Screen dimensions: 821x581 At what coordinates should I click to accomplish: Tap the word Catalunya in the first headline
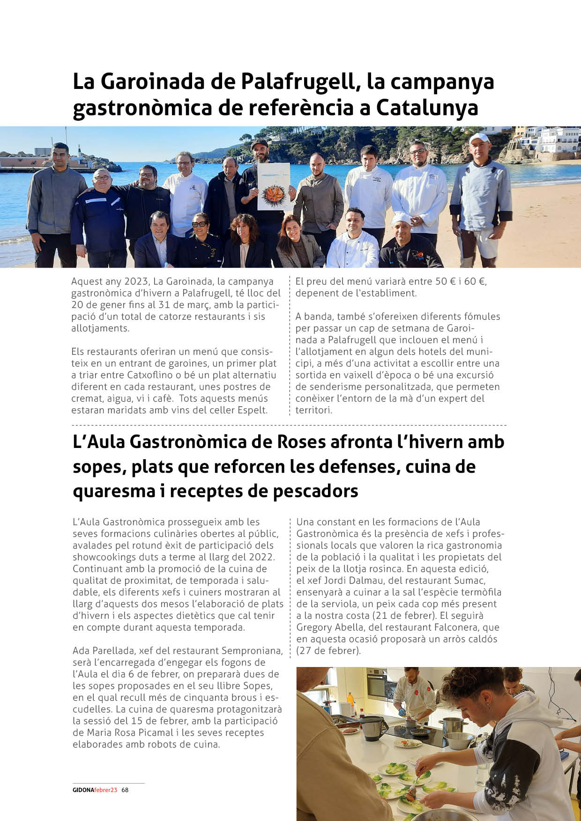427,108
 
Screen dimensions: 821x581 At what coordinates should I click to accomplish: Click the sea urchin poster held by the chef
274,186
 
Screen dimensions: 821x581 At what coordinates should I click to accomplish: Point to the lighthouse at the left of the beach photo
81,152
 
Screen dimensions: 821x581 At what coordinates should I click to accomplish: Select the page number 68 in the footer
125,790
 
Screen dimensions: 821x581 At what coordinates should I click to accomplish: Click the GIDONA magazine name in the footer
83,790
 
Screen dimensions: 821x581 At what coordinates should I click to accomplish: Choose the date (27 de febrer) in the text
328,651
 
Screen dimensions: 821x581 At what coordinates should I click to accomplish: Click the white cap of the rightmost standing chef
478,138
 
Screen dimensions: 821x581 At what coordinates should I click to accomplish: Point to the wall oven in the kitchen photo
377,684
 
